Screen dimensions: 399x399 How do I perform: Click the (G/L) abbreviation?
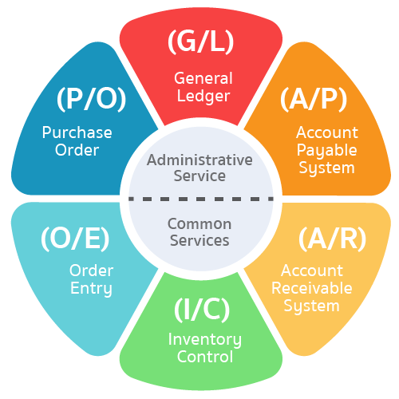coord(201,41)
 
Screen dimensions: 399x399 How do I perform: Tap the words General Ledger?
coord(203,87)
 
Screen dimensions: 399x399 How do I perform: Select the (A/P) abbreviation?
coord(314,99)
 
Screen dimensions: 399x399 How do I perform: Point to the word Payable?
coord(326,151)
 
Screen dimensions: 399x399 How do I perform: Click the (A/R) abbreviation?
coord(332,239)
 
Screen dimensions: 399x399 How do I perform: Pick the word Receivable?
coord(312,288)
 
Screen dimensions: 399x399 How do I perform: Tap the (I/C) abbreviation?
coord(202,310)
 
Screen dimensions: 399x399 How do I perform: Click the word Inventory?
coord(205,340)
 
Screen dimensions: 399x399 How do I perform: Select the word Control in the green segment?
coord(205,357)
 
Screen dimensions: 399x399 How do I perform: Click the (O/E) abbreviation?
coord(75,239)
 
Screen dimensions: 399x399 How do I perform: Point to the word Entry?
coord(91,288)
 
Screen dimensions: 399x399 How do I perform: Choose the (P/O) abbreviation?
coord(91,99)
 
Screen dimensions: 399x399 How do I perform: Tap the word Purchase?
coord(77,132)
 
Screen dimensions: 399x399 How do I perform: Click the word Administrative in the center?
coord(199,160)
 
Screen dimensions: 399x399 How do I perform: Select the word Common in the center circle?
coord(199,224)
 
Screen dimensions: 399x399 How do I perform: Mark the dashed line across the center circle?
coord(201,199)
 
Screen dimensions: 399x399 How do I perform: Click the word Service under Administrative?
coord(199,176)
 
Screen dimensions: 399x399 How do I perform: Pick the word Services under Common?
coord(199,240)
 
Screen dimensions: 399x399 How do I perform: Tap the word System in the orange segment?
coord(326,168)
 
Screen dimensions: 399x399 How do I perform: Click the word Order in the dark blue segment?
coord(77,150)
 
